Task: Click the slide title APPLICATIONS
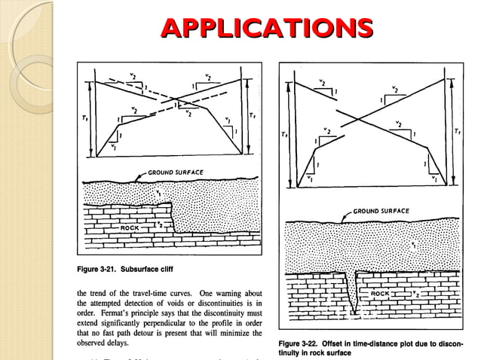click(268, 28)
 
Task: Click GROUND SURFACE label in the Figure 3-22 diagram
click(381, 211)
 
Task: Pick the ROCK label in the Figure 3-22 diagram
click(381, 293)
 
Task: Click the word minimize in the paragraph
click(239, 332)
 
